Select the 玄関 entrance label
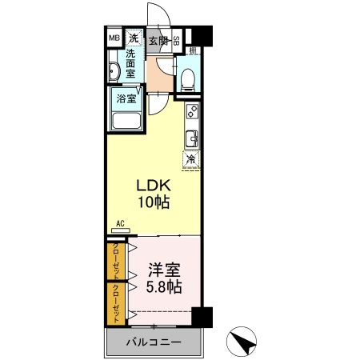pos(158,40)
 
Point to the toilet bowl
pos(186,78)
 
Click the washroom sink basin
pos(115,73)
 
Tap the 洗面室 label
pos(134,64)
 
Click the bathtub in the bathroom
pos(126,122)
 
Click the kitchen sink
pos(192,138)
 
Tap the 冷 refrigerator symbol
pos(192,159)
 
